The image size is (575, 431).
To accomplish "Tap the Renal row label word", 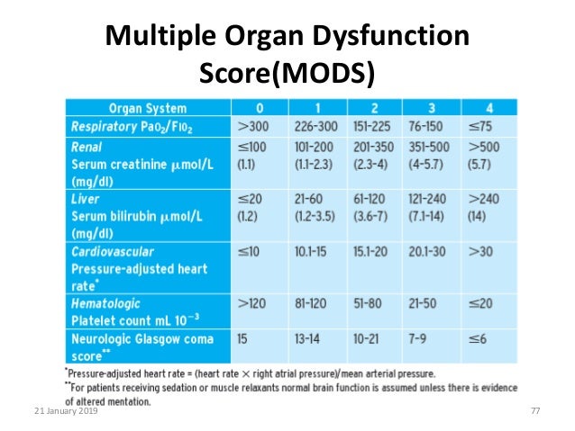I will point(88,145).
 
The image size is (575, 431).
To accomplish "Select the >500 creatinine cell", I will point(481,145).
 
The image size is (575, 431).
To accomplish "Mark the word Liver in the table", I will point(86,199).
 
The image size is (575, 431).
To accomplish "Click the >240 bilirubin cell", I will point(481,199).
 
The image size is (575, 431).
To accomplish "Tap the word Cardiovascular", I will point(114,252).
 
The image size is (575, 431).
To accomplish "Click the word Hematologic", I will point(106,304).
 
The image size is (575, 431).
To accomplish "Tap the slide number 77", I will point(535,410).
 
